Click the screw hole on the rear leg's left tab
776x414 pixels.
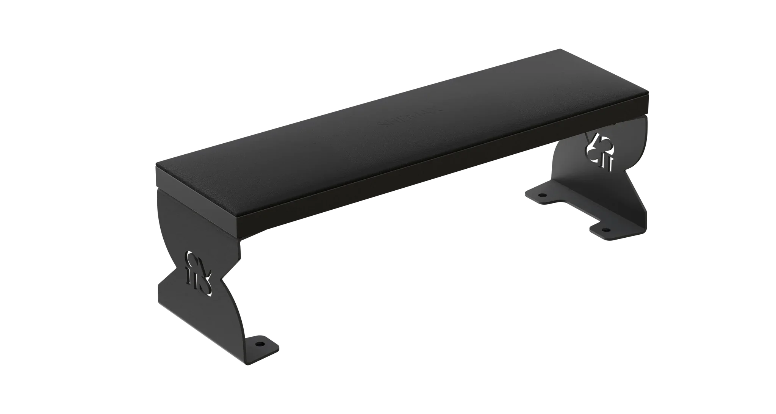[543, 195]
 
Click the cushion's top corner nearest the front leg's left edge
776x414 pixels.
[156, 164]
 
